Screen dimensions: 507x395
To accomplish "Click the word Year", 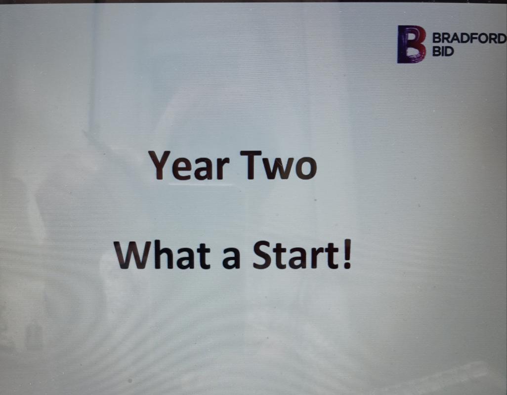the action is pos(189,165).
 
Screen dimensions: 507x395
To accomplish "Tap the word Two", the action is pos(278,165).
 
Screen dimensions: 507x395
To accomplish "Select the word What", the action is pos(162,255).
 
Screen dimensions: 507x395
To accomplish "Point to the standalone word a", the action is pos(232,259).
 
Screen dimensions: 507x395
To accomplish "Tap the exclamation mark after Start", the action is pos(347,255).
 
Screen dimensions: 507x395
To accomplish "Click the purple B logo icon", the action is pos(411,44).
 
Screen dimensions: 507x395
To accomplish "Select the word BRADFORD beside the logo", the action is pos(469,39).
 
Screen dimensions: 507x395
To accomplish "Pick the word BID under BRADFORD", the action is pos(443,51).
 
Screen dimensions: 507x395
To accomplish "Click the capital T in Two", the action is pos(251,165).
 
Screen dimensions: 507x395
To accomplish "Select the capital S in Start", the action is pos(262,255).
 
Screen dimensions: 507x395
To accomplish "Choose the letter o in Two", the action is pos(306,168).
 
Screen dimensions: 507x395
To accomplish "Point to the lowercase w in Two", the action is pos(278,169).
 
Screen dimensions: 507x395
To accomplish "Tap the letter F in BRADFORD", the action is pos(472,39).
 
